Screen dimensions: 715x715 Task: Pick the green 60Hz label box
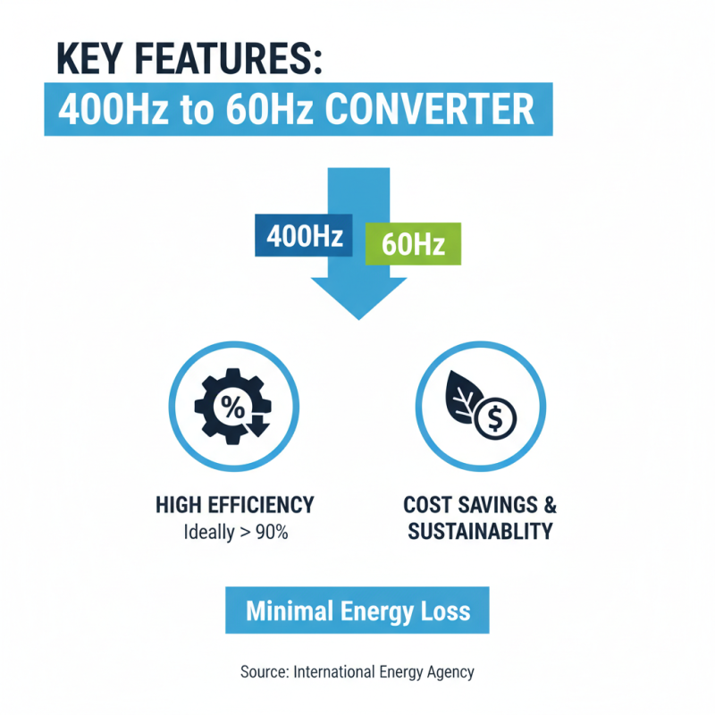point(413,243)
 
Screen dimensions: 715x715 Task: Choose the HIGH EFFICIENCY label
point(235,505)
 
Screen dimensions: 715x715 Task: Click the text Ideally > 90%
point(235,533)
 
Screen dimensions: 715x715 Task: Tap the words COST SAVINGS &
point(480,505)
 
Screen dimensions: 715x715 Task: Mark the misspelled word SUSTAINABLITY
point(480,531)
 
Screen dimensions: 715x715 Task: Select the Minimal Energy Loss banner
point(357,612)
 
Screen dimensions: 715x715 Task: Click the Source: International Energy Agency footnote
point(357,671)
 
